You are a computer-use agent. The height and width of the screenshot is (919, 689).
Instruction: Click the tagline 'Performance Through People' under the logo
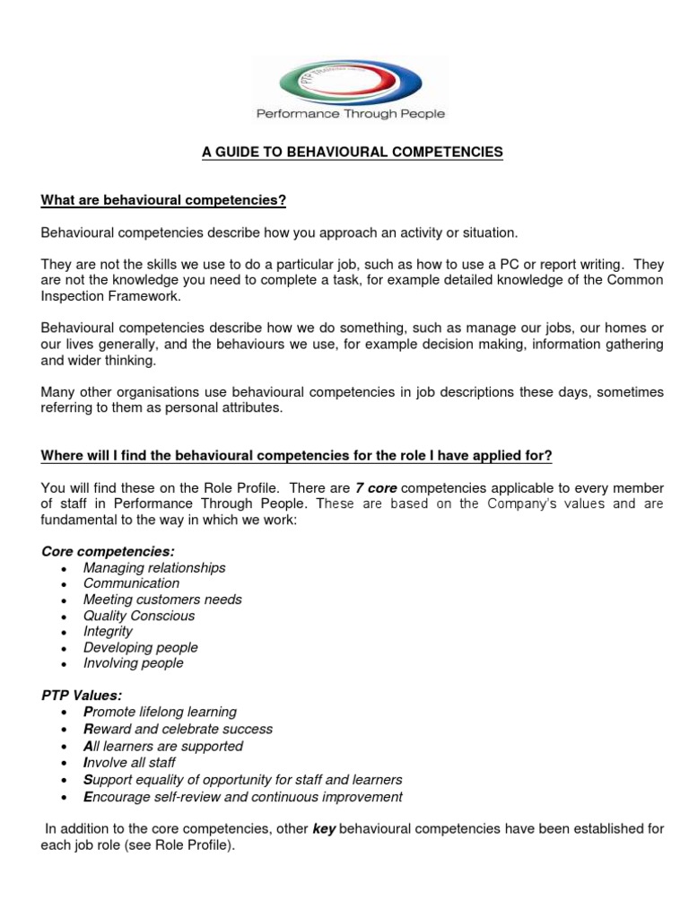[351, 114]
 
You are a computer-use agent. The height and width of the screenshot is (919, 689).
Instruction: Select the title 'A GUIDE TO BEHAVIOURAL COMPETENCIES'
[353, 153]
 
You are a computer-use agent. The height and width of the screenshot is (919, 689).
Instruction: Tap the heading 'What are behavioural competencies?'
[163, 200]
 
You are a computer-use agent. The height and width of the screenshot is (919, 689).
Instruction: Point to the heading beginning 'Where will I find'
[296, 456]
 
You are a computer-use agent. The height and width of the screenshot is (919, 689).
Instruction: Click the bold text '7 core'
[376, 488]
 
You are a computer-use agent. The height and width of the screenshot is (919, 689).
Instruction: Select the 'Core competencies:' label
[108, 552]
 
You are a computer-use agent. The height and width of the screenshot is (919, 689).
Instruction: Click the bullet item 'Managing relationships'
[154, 568]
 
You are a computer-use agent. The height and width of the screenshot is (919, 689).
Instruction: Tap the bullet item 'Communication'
[131, 583]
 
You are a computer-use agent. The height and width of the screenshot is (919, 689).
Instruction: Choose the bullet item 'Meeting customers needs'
[162, 600]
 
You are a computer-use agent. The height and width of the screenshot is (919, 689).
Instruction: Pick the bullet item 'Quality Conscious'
[139, 616]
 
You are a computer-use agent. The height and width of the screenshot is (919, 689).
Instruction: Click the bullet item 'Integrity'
[108, 631]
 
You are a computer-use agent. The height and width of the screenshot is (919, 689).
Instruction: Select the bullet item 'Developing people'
[141, 647]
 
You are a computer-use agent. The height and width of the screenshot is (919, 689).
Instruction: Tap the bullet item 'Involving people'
[134, 663]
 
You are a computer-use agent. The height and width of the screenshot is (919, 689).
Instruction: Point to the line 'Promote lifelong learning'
[160, 712]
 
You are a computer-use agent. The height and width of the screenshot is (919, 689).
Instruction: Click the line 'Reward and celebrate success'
[178, 729]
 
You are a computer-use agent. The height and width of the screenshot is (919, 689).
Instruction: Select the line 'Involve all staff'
[131, 763]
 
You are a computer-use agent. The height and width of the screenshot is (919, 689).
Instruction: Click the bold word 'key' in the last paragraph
[323, 829]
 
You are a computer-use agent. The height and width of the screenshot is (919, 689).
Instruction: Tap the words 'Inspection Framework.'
[111, 296]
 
